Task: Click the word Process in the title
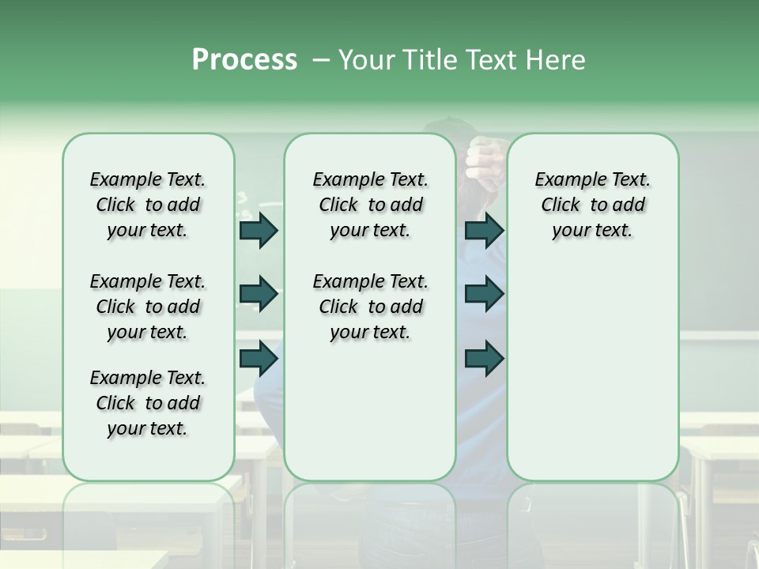(244, 60)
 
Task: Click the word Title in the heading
(427, 60)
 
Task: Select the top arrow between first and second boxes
(259, 231)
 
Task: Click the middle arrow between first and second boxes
(259, 295)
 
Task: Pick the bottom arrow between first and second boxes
(259, 358)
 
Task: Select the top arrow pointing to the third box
(485, 231)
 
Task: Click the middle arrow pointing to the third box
(485, 295)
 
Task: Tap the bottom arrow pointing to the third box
(485, 358)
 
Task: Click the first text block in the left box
(148, 205)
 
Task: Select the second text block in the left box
(148, 307)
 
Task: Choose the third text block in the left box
(148, 403)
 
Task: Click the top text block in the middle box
(370, 205)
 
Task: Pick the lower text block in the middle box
(370, 307)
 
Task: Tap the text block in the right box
(592, 205)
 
